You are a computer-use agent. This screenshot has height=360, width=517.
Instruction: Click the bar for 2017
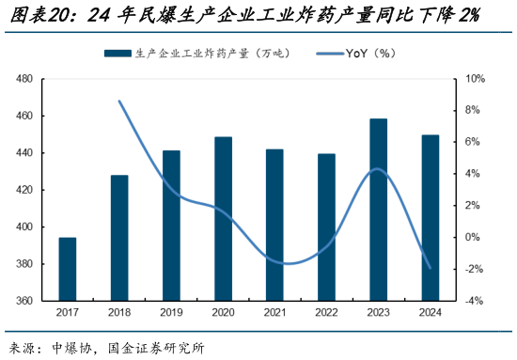pyautogui.click(x=68, y=270)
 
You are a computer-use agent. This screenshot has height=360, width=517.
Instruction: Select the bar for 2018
pyautogui.click(x=119, y=238)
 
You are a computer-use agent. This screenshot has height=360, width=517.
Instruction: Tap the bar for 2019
pyautogui.click(x=171, y=226)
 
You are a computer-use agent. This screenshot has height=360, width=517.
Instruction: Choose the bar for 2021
pyautogui.click(x=274, y=225)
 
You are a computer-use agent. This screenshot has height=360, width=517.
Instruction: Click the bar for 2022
pyautogui.click(x=326, y=227)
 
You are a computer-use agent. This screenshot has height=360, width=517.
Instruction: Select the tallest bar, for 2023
pyautogui.click(x=378, y=210)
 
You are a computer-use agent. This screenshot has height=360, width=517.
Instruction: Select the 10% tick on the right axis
pyautogui.click(x=476, y=79)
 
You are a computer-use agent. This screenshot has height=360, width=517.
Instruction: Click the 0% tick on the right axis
pyautogui.click(x=476, y=237)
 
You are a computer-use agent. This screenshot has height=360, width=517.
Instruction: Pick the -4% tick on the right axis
pyautogui.click(x=476, y=302)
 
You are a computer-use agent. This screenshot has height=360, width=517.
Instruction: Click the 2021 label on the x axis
pyautogui.click(x=274, y=313)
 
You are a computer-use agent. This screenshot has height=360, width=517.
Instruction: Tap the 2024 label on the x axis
pyautogui.click(x=430, y=313)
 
